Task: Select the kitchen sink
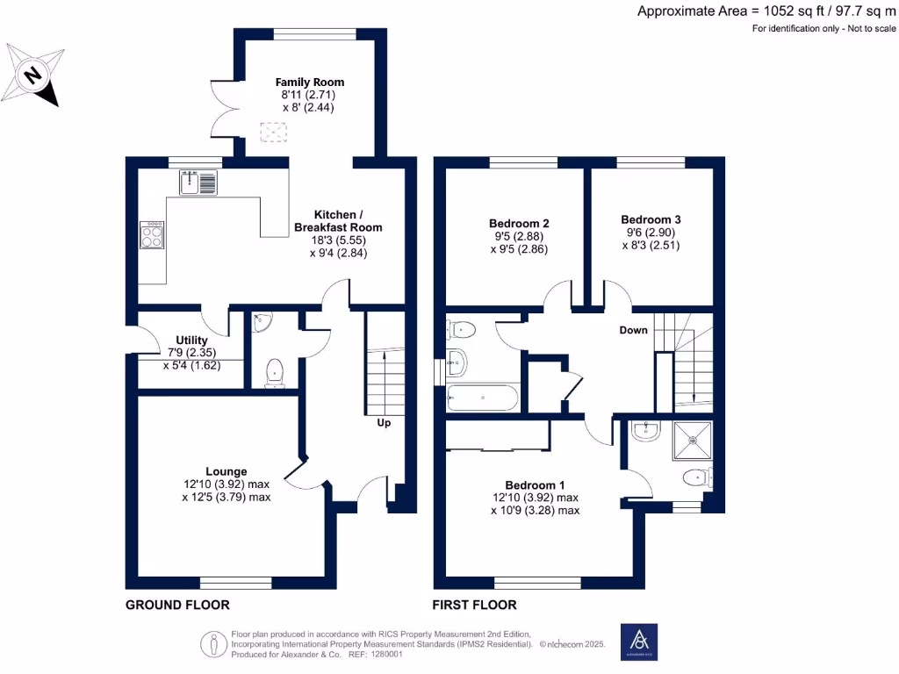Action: click(198, 183)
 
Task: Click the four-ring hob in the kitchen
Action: click(151, 235)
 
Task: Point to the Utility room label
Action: click(191, 341)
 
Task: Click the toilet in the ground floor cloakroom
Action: click(275, 372)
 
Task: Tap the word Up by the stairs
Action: click(384, 423)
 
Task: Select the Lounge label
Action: click(227, 471)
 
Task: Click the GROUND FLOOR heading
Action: click(177, 605)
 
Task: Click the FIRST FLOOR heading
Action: click(474, 605)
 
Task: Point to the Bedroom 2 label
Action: click(518, 224)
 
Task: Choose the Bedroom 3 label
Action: click(651, 219)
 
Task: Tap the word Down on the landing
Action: click(633, 331)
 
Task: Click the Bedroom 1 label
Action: click(535, 485)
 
